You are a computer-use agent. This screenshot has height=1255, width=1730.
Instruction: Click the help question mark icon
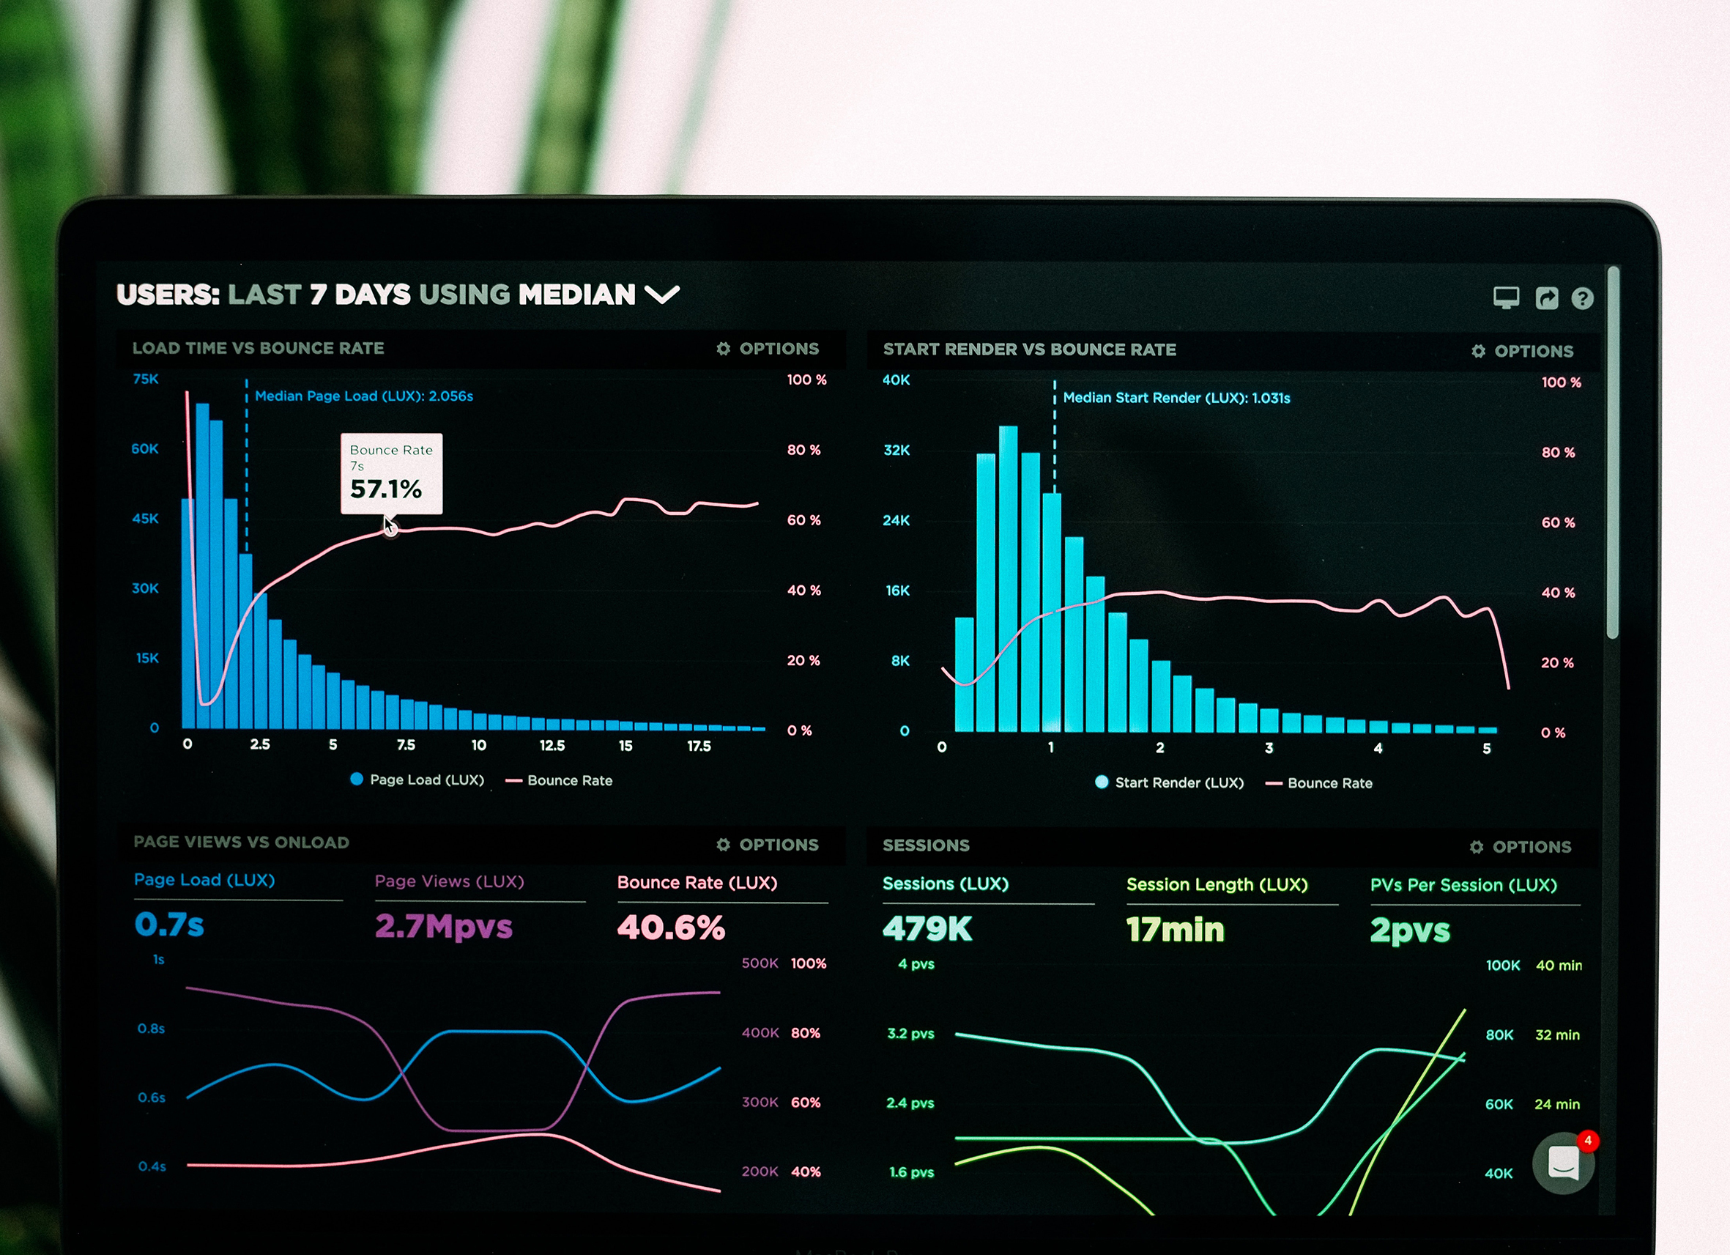1582,298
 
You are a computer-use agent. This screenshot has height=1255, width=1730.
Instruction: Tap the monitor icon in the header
1506,297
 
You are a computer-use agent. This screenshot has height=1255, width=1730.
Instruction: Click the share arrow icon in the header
1546,298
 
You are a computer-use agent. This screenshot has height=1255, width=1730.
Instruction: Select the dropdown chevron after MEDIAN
661,295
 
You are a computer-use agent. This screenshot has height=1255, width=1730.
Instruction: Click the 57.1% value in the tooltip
386,489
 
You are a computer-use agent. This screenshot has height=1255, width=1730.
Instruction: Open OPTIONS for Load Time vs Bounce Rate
768,349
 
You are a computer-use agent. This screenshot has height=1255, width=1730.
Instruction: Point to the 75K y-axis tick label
146,380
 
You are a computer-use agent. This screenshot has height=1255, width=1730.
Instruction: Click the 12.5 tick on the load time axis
552,745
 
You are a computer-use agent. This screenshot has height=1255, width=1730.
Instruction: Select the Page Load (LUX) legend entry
417,780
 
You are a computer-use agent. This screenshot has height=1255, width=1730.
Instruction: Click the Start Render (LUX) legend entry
1170,782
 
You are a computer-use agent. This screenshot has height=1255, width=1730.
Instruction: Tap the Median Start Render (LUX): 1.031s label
1176,399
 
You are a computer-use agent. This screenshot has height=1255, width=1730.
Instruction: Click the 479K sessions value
927,929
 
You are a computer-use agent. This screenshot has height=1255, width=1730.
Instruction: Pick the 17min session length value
1175,930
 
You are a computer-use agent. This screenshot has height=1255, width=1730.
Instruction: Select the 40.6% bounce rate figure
670,928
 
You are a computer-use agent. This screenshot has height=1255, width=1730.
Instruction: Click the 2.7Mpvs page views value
443,926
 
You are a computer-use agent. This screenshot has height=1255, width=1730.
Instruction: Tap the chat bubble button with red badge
1563,1163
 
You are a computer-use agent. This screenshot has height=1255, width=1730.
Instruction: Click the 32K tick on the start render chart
896,450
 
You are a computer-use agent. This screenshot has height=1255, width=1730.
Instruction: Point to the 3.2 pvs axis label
910,1034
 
